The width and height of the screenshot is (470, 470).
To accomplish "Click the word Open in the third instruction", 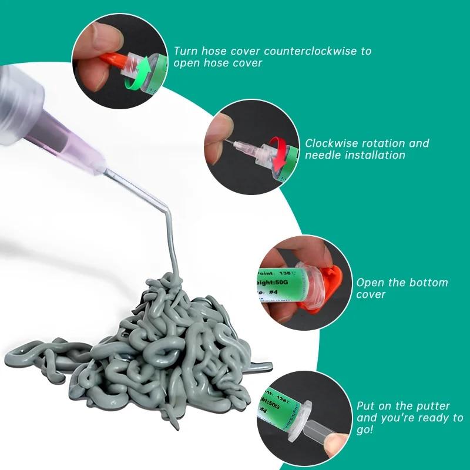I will pyautogui.click(x=371, y=283).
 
